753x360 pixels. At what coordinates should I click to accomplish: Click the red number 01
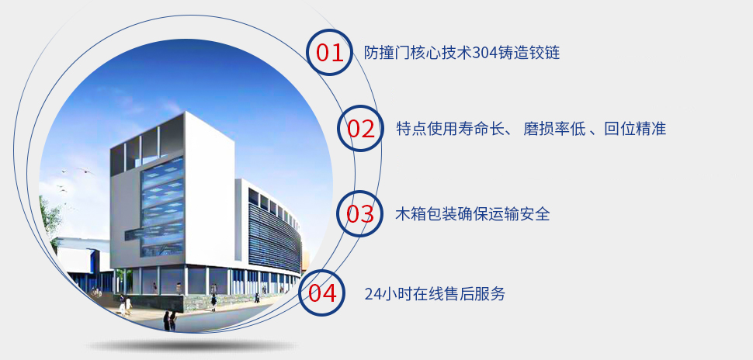(330, 53)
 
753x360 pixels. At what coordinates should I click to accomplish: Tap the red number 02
(361, 129)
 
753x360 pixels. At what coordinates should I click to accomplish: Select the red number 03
(360, 213)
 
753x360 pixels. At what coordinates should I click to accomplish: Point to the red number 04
(322, 293)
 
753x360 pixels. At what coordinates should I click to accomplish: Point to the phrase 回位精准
(635, 129)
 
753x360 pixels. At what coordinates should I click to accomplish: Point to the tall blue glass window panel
(162, 207)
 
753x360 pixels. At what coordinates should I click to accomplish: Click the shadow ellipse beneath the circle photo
(191, 345)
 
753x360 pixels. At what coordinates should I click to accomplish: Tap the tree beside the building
(50, 216)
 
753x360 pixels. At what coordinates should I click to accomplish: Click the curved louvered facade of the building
(275, 235)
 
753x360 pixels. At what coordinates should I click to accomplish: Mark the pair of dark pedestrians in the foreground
(169, 320)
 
